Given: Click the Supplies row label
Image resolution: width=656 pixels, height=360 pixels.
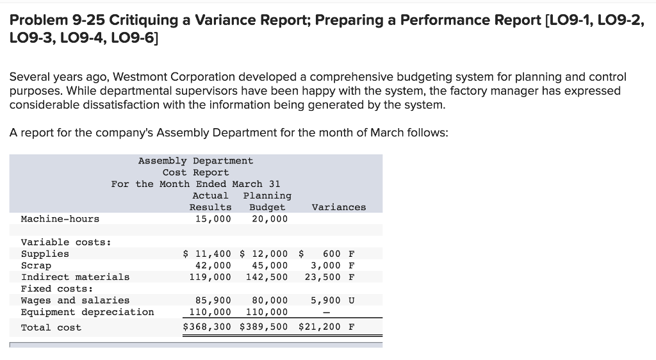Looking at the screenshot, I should click(x=45, y=254).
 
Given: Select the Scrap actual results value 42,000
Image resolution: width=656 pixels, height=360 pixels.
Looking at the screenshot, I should click(x=213, y=265).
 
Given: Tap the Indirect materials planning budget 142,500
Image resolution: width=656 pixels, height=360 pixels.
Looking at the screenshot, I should click(x=266, y=277).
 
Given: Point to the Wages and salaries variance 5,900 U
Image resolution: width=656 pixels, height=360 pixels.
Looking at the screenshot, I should click(x=332, y=300).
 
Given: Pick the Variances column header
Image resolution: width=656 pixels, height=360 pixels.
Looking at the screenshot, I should click(x=339, y=207).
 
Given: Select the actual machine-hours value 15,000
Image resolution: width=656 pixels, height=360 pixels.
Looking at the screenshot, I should click(x=213, y=219).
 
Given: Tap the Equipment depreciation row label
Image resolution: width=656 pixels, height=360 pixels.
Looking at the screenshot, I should click(x=87, y=312).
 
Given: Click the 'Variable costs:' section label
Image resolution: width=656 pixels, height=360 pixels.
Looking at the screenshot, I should click(x=66, y=242).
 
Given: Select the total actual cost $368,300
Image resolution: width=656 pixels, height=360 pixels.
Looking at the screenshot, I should click(x=207, y=327).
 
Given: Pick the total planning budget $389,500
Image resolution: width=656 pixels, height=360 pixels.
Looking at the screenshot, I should click(x=264, y=327).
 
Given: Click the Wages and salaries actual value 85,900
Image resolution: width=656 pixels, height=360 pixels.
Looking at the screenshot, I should click(x=213, y=300).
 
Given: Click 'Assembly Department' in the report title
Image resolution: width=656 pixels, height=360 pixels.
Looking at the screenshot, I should click(x=195, y=161).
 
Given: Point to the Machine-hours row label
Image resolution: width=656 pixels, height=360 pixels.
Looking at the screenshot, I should click(x=60, y=219).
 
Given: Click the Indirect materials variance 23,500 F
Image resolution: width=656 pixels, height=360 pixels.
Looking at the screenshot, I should click(x=332, y=277).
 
